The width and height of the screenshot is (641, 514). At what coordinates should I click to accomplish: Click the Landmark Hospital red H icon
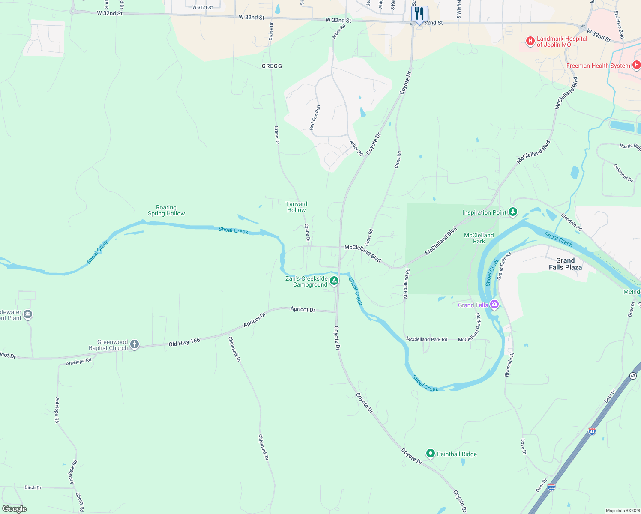[530, 41]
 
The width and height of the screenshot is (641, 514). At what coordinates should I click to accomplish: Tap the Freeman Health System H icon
[636, 65]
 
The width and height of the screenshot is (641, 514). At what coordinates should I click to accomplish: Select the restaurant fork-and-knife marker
[419, 14]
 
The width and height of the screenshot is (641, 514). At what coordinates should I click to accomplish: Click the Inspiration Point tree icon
[513, 212]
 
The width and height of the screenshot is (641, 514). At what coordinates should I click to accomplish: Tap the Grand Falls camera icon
[494, 305]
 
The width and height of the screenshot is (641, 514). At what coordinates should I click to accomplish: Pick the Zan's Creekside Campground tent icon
[334, 281]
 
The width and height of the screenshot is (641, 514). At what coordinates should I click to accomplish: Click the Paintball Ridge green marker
[430, 454]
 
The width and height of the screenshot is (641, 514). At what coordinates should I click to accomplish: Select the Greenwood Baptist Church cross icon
[135, 344]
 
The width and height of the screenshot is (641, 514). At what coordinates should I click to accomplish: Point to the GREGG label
[272, 66]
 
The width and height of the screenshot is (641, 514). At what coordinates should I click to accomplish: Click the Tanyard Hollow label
[297, 207]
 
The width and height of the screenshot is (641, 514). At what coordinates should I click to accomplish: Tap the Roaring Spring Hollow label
[166, 210]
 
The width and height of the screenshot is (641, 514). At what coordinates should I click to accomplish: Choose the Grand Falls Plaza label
[565, 264]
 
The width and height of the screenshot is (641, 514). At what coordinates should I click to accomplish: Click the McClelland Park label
[479, 238]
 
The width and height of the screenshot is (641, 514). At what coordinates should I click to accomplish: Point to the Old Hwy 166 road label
[184, 342]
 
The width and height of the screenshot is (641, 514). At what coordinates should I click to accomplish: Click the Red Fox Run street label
[315, 117]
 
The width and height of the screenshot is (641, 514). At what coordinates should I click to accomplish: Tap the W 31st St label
[203, 7]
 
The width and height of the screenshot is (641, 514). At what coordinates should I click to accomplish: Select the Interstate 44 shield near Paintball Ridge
[592, 431]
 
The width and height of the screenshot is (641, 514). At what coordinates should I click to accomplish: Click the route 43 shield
[633, 376]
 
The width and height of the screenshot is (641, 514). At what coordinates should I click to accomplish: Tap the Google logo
[15, 508]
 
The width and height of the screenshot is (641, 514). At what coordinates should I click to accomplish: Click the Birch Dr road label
[33, 487]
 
